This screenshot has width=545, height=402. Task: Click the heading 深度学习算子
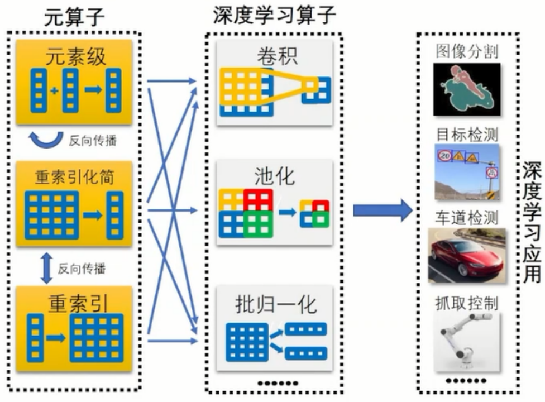pos(274,15)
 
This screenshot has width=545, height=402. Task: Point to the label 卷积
pos(276,56)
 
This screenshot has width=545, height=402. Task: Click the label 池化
pos(276,178)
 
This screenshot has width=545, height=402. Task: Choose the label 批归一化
pos(276,305)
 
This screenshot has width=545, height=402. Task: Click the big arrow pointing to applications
pos(382,210)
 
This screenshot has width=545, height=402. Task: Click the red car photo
pos(467,255)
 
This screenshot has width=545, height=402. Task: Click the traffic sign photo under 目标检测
pos(467,172)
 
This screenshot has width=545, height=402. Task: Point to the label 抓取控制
pos(467,304)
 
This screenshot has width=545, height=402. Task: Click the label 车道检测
pos(467,218)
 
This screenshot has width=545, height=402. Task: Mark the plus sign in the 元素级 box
pos(54,90)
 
